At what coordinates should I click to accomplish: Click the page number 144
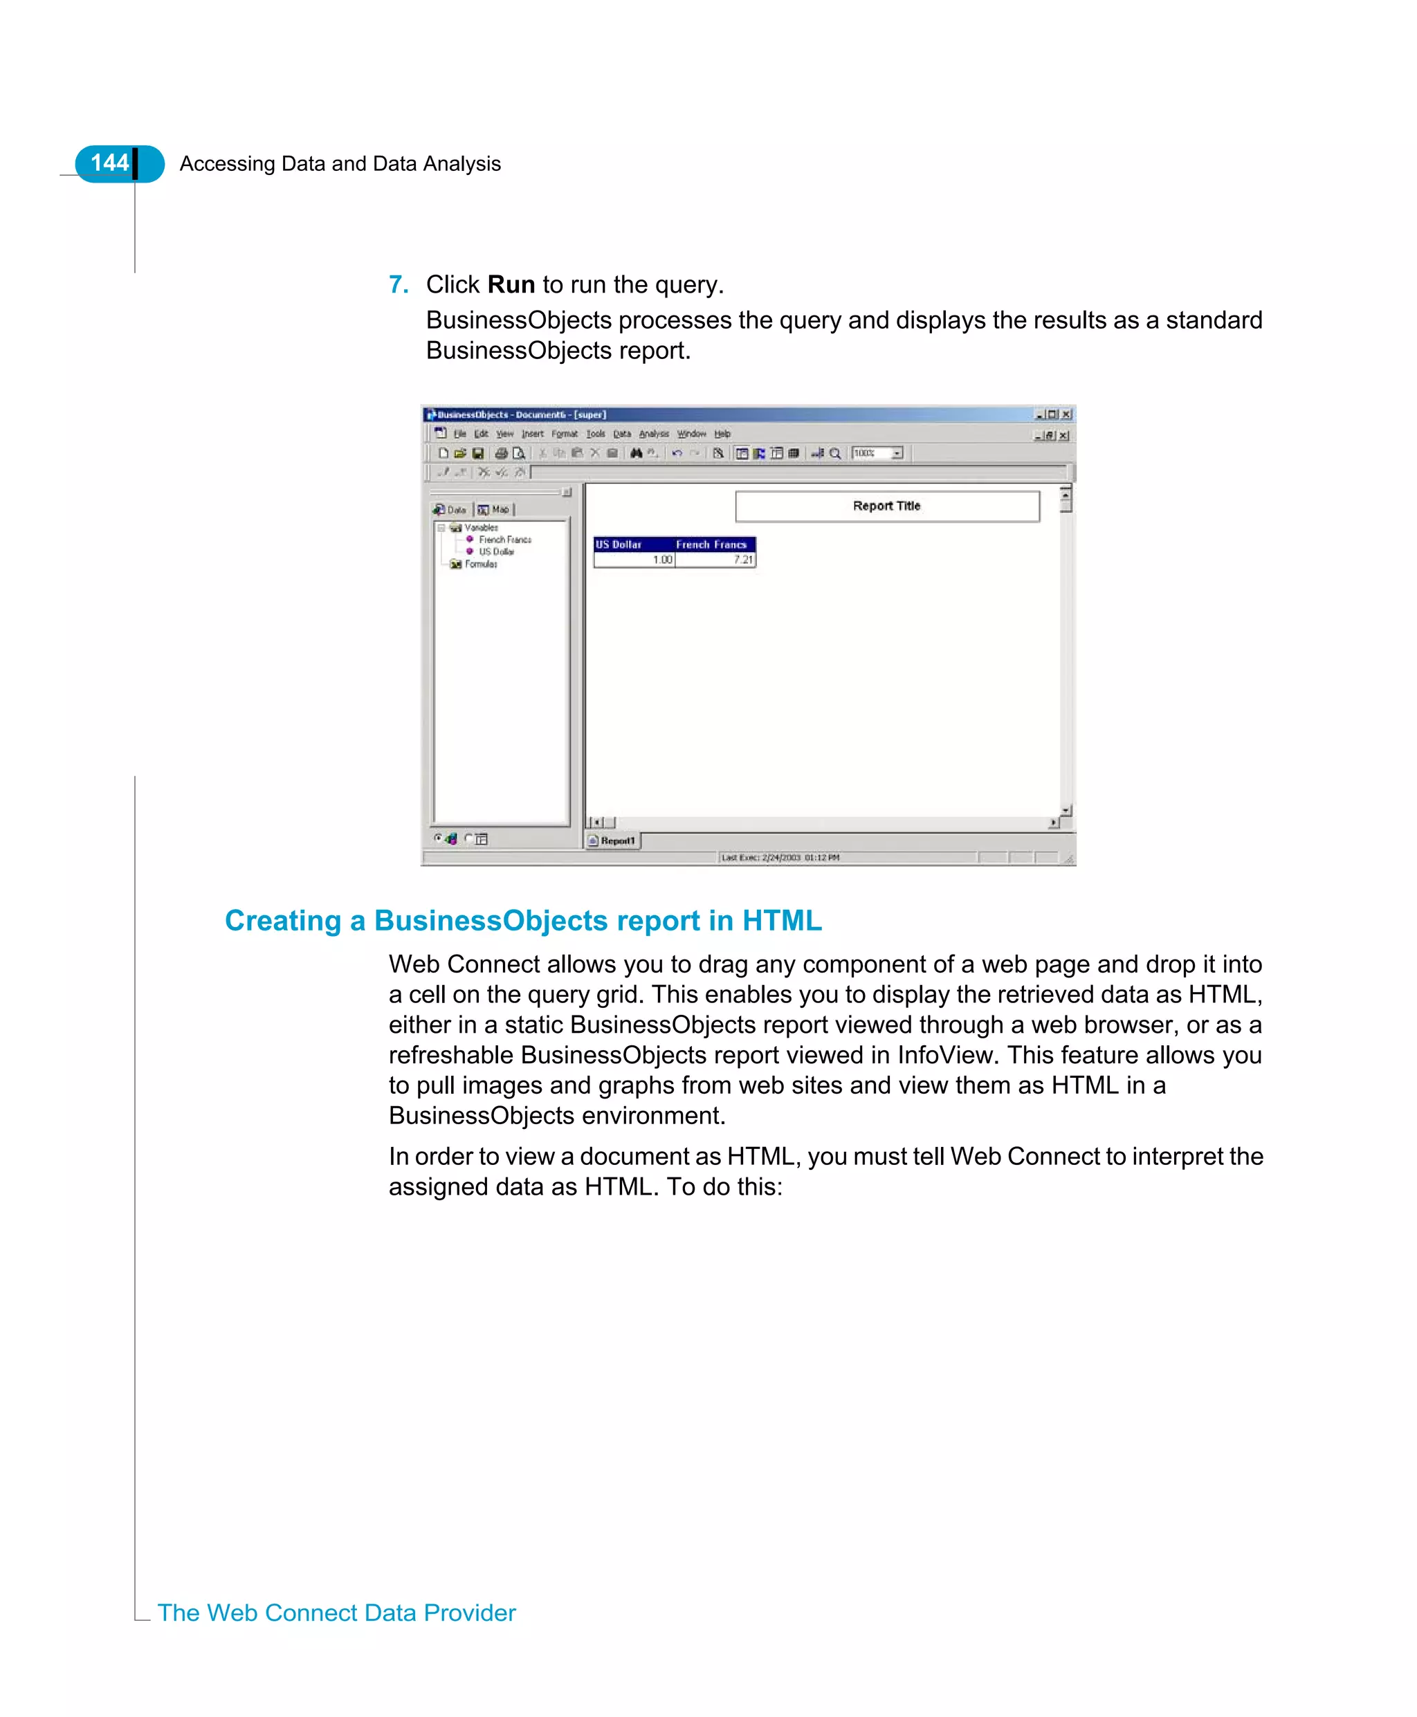point(109,163)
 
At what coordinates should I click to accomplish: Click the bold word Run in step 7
point(511,284)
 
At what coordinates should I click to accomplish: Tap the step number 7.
point(398,284)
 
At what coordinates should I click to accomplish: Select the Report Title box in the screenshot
point(886,506)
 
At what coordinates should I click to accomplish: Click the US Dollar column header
point(619,544)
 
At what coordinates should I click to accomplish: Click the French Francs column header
point(711,544)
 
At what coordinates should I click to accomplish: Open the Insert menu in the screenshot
point(532,434)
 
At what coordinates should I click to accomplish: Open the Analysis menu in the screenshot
point(653,434)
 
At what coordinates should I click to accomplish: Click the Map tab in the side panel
point(495,509)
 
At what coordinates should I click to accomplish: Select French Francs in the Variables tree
point(504,540)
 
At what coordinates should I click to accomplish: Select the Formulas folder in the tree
point(480,564)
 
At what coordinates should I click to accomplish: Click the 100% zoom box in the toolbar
point(870,453)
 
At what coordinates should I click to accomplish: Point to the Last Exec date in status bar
point(780,858)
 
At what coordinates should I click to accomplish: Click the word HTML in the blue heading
point(781,921)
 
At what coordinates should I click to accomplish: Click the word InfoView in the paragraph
point(948,1054)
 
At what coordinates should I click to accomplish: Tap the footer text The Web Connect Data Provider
point(336,1613)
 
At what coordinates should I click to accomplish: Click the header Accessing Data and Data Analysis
point(340,163)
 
